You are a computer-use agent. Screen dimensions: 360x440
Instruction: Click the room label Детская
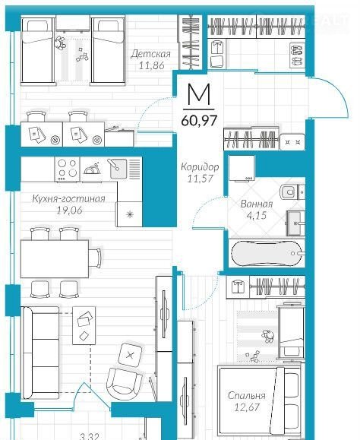pyautogui.click(x=150, y=53)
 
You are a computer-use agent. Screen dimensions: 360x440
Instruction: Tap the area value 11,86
pyautogui.click(x=152, y=65)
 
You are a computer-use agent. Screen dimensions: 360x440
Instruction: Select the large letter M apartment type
pyautogui.click(x=199, y=94)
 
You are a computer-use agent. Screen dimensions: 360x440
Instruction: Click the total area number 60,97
pyautogui.click(x=199, y=121)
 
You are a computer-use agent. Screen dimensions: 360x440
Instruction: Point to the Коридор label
pyautogui.click(x=200, y=167)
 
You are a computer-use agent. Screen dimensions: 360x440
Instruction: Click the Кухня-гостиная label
pyautogui.click(x=68, y=198)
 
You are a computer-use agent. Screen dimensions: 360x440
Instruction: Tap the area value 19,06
pyautogui.click(x=70, y=211)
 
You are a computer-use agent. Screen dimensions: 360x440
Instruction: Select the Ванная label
pyautogui.click(x=257, y=204)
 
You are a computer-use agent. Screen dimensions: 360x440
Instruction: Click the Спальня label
pyautogui.click(x=246, y=396)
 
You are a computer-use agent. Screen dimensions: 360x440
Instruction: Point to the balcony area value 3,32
pyautogui.click(x=90, y=437)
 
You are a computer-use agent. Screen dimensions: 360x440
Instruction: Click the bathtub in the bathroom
pyautogui.click(x=267, y=253)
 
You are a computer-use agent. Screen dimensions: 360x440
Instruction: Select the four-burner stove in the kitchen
pyautogui.click(x=67, y=169)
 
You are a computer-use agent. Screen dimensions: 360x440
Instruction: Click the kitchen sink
pyautogui.click(x=118, y=169)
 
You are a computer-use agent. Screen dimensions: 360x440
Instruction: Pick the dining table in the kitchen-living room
pyautogui.click(x=55, y=258)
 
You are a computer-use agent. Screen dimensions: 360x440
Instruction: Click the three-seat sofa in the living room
pyautogui.click(x=41, y=353)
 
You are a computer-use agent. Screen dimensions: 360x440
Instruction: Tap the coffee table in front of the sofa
pyautogui.click(x=84, y=325)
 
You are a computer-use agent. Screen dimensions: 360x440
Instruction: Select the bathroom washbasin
pyautogui.click(x=295, y=223)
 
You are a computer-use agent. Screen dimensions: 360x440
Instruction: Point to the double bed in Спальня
pyautogui.click(x=259, y=402)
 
